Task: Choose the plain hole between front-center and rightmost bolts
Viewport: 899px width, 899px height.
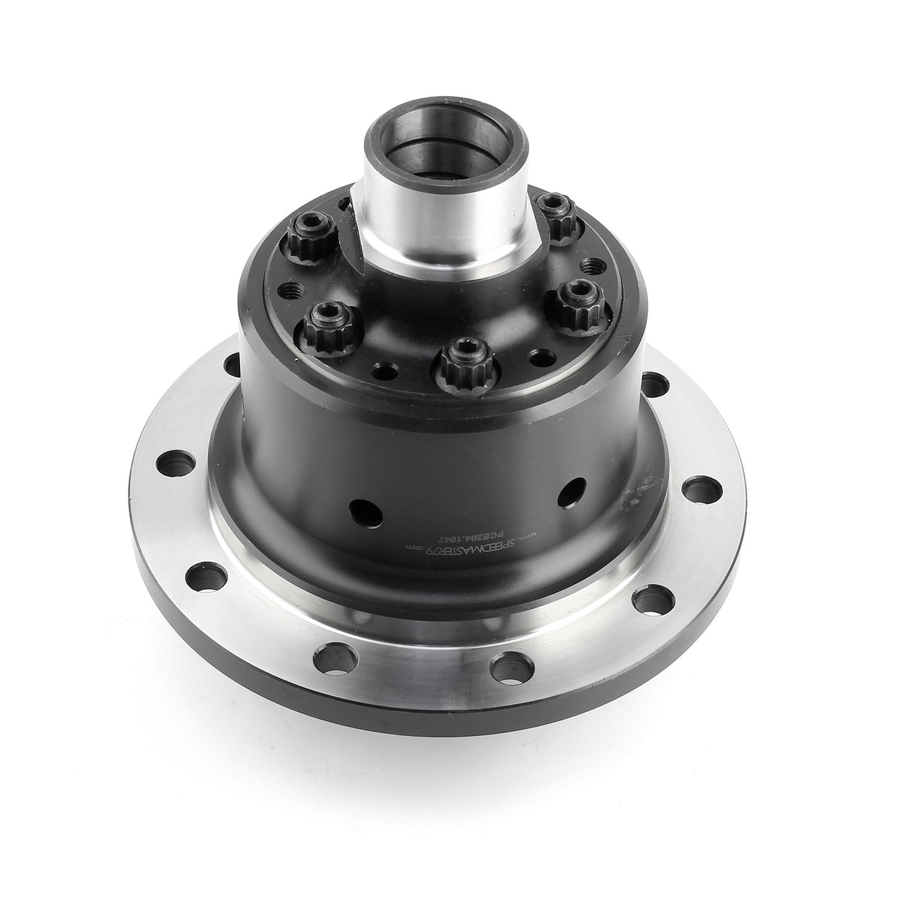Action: pyautogui.click(x=539, y=356)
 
